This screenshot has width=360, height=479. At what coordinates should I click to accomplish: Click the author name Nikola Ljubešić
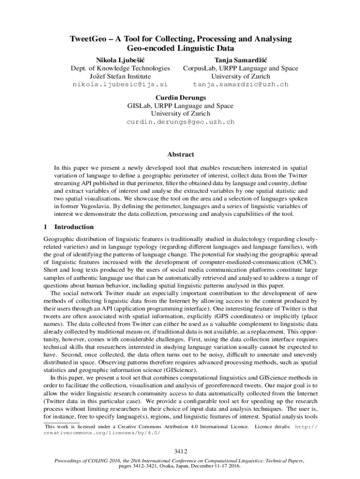(x=120, y=60)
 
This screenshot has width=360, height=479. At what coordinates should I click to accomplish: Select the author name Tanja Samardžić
(x=240, y=60)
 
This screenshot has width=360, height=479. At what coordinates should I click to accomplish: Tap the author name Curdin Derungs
(x=180, y=98)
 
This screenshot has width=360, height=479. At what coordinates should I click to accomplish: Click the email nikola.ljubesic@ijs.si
(x=120, y=85)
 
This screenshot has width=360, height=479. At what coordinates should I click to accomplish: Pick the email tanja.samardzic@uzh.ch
(x=240, y=85)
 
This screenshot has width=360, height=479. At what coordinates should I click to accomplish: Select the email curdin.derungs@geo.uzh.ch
(x=180, y=122)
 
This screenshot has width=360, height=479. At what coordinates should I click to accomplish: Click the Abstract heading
(x=180, y=154)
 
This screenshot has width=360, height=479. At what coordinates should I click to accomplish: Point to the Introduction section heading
(x=74, y=227)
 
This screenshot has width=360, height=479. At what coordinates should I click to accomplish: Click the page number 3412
(x=180, y=451)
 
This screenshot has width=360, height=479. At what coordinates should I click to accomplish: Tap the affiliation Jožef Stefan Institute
(x=120, y=76)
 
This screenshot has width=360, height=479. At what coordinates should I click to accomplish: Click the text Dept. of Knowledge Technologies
(x=120, y=68)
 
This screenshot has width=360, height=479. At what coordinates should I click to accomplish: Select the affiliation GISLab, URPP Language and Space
(x=180, y=106)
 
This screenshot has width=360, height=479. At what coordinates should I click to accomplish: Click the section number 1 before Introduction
(x=45, y=227)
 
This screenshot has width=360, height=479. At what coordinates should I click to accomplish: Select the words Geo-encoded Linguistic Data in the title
(x=180, y=48)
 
